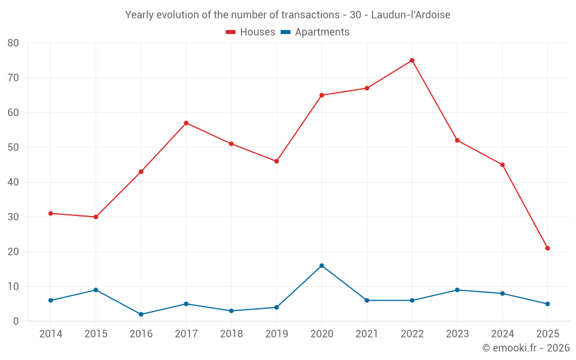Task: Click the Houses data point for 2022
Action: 412,60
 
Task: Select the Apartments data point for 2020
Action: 321,266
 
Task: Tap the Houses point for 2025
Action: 547,248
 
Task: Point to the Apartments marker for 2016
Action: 141,314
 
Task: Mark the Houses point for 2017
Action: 186,123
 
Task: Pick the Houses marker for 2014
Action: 51,214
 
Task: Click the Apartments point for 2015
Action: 96,290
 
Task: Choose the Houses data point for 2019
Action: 276,161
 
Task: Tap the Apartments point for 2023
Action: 457,290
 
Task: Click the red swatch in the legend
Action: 231,32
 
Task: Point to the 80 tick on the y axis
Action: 13,43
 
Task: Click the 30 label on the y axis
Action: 13,217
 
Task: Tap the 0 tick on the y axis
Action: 16,321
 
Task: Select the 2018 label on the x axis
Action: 231,334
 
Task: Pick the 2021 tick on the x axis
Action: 366,334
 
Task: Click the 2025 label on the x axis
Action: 547,334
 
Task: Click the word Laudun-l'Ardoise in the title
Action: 411,14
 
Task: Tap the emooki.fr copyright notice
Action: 525,348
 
